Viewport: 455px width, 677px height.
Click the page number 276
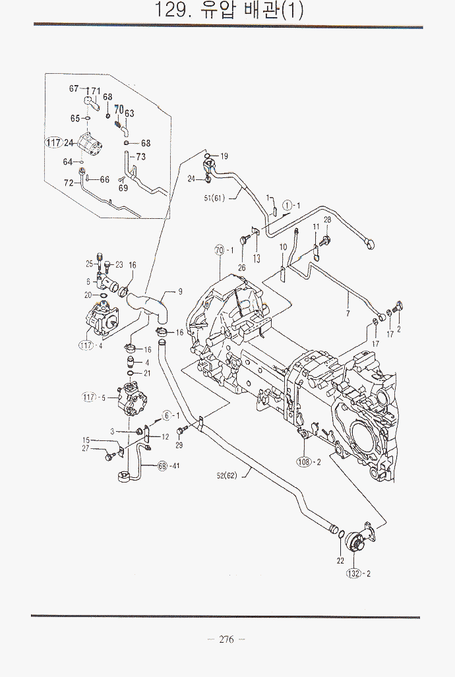click(x=226, y=639)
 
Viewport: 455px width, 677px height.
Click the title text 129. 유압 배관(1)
click(x=228, y=11)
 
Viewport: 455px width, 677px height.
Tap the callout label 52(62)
click(x=225, y=475)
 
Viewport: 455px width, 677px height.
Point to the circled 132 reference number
click(x=355, y=574)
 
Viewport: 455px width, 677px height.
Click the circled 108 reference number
click(x=304, y=462)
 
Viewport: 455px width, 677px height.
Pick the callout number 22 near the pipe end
click(x=340, y=560)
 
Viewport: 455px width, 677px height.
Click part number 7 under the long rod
click(x=348, y=314)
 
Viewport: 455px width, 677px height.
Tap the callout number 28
click(x=327, y=220)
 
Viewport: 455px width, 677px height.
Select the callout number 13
click(x=257, y=258)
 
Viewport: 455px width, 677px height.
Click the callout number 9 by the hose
click(x=180, y=291)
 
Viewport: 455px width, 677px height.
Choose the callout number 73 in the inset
click(x=141, y=157)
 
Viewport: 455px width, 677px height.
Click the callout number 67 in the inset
click(x=74, y=88)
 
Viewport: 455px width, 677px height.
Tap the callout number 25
click(x=89, y=264)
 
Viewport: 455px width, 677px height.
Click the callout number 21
click(x=147, y=373)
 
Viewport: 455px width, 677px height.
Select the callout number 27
click(x=86, y=449)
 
